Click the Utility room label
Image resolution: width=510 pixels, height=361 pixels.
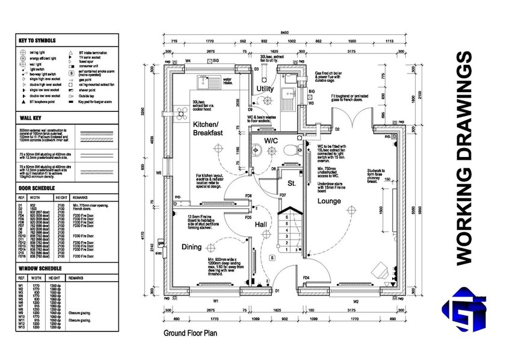266,89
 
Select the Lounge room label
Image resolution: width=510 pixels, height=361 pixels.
330,200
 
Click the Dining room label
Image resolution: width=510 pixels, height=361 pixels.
192,247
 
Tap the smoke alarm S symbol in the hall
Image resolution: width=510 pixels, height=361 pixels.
272,258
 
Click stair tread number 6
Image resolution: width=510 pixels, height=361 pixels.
287,216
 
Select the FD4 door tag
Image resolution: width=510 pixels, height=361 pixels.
306,277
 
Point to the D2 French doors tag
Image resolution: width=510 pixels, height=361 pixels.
338,129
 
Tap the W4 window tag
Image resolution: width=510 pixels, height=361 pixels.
188,61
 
